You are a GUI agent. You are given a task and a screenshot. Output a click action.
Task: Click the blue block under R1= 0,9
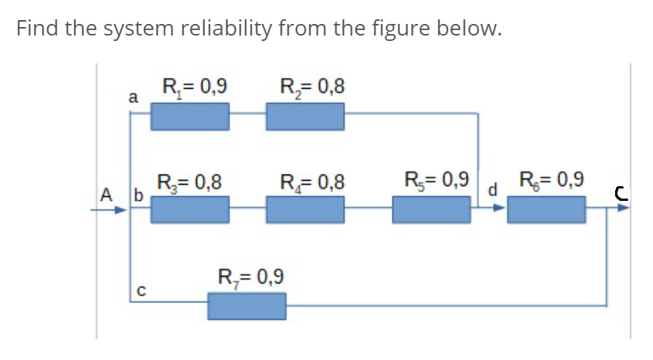click(x=189, y=117)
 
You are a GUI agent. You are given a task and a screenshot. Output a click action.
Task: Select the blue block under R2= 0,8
click(x=304, y=117)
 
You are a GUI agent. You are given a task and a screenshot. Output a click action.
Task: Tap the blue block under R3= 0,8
click(x=189, y=209)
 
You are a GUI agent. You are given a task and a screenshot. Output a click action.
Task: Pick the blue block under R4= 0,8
click(x=304, y=209)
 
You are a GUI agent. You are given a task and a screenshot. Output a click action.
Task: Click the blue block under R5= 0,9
click(x=431, y=209)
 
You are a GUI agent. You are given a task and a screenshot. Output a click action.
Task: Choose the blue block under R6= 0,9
click(x=546, y=209)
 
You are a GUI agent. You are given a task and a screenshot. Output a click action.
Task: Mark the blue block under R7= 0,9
click(x=247, y=306)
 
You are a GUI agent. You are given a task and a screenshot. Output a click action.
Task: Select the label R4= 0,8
click(x=311, y=183)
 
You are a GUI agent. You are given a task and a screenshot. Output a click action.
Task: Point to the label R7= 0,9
click(x=251, y=277)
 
